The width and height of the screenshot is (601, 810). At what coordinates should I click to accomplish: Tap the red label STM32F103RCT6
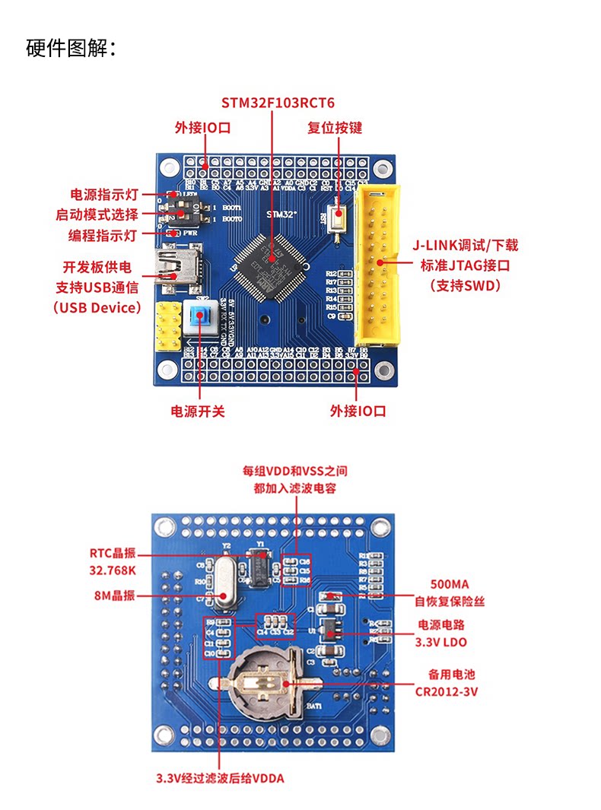278,103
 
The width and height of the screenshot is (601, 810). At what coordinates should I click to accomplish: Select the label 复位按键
335,127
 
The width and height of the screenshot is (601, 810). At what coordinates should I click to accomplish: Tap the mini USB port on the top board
178,267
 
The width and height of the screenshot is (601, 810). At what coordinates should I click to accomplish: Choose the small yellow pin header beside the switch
168,326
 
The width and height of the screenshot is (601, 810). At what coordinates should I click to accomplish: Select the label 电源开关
198,411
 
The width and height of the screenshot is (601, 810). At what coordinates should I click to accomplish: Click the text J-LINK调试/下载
465,245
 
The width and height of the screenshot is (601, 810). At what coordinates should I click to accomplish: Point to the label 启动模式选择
97,214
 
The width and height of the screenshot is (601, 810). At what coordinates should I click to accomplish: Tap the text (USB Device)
97,308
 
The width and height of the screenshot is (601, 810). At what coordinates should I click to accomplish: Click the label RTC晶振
113,553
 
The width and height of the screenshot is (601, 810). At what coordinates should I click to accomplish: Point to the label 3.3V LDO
440,642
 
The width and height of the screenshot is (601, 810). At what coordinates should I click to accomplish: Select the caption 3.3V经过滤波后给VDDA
220,778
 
